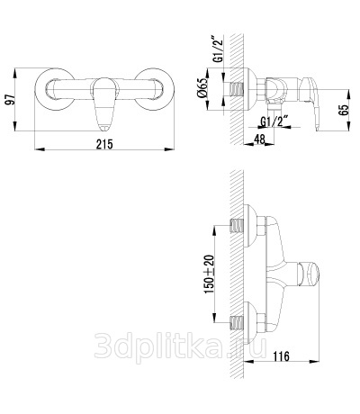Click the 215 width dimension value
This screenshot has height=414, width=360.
coord(104,144)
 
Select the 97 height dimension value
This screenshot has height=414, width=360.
coord(11,100)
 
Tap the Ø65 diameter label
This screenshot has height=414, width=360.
coord(202,87)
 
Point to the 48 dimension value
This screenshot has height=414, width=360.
coord(259,139)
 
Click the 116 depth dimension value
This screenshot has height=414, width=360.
coord(281,356)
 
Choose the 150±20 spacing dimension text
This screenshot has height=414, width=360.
coord(210,274)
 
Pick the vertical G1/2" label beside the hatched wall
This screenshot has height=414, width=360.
coord(220,49)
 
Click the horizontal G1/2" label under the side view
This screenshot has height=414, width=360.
coord(273,122)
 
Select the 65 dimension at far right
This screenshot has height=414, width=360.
coord(344,110)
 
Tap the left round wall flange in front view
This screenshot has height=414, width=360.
coord(54,89)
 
